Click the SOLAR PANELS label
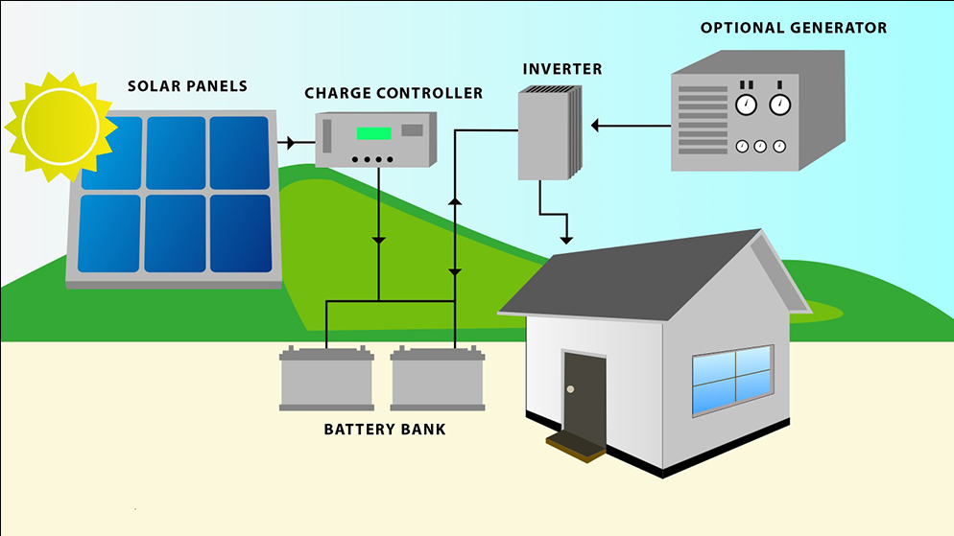pos(187,86)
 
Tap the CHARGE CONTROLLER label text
pos(394,93)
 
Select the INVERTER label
pos(562,69)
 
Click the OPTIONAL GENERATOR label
pos(794,28)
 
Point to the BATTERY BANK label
pos(385,429)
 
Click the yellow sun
pos(55,127)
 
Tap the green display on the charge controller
pos(373,133)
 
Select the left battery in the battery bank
pos(326,380)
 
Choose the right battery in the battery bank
pos(438,380)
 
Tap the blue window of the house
pos(732,379)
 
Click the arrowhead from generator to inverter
pos(595,125)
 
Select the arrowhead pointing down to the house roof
pos(567,238)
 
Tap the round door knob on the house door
pos(570,389)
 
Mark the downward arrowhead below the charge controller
pos(379,239)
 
